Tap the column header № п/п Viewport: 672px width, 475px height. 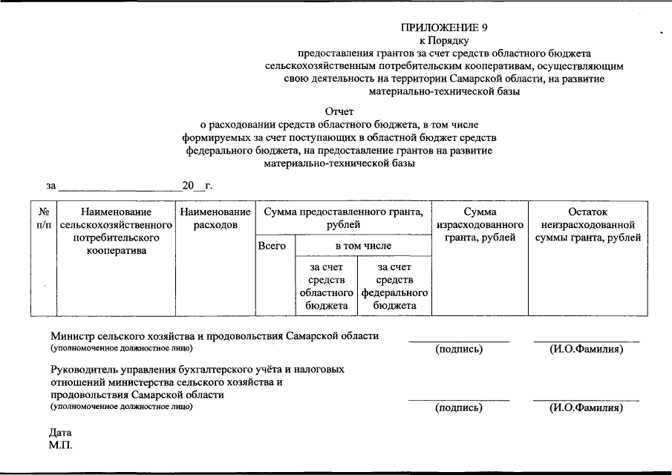coord(44,218)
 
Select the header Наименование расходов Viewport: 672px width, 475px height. coord(215,218)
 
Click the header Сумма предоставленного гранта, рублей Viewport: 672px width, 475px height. coord(343,218)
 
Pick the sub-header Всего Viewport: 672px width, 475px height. coord(272,246)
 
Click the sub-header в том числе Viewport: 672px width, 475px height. coord(362,246)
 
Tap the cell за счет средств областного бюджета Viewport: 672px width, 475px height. coord(326,286)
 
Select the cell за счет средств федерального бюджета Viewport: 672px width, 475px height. coord(394,286)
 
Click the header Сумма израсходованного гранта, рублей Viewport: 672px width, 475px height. coord(479,225)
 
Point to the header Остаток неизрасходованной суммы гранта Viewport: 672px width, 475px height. coord(587,225)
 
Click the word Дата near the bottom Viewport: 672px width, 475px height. coord(61,432)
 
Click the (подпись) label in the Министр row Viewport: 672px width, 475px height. coord(459,349)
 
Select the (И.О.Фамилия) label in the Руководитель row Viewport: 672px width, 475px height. coord(586,407)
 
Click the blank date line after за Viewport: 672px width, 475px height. coord(119,186)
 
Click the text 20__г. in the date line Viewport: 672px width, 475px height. coord(198,185)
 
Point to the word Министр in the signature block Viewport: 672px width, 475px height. coord(71,335)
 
